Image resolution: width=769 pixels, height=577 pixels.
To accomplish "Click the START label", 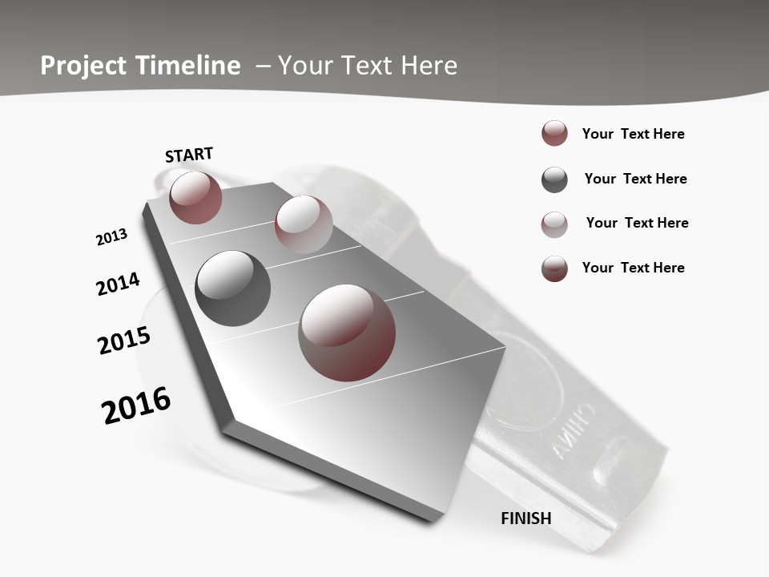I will [x=189, y=155].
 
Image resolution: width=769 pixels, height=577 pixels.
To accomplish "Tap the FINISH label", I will [x=526, y=518].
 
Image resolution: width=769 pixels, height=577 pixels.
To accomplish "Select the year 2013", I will [x=111, y=237].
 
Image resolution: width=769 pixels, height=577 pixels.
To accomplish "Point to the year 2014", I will [x=118, y=284].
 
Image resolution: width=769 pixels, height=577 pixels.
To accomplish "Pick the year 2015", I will [x=124, y=341].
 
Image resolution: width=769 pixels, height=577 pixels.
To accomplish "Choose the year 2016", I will [x=136, y=406].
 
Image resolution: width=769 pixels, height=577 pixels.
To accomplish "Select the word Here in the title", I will [x=429, y=66].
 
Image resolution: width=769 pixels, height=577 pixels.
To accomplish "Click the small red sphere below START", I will [x=195, y=197].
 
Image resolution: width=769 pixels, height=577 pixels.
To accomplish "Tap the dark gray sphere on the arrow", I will [x=232, y=288].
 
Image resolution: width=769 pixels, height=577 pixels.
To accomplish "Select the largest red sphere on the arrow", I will [x=347, y=333].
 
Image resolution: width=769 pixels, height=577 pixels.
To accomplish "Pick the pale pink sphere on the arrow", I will [x=304, y=224].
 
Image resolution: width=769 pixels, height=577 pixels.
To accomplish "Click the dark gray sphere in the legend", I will [x=554, y=180].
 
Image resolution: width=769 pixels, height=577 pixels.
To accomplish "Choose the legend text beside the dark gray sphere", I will [x=635, y=179].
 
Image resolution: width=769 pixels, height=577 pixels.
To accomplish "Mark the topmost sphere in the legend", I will [x=554, y=134].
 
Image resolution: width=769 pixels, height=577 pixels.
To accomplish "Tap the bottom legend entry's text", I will [x=633, y=268].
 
